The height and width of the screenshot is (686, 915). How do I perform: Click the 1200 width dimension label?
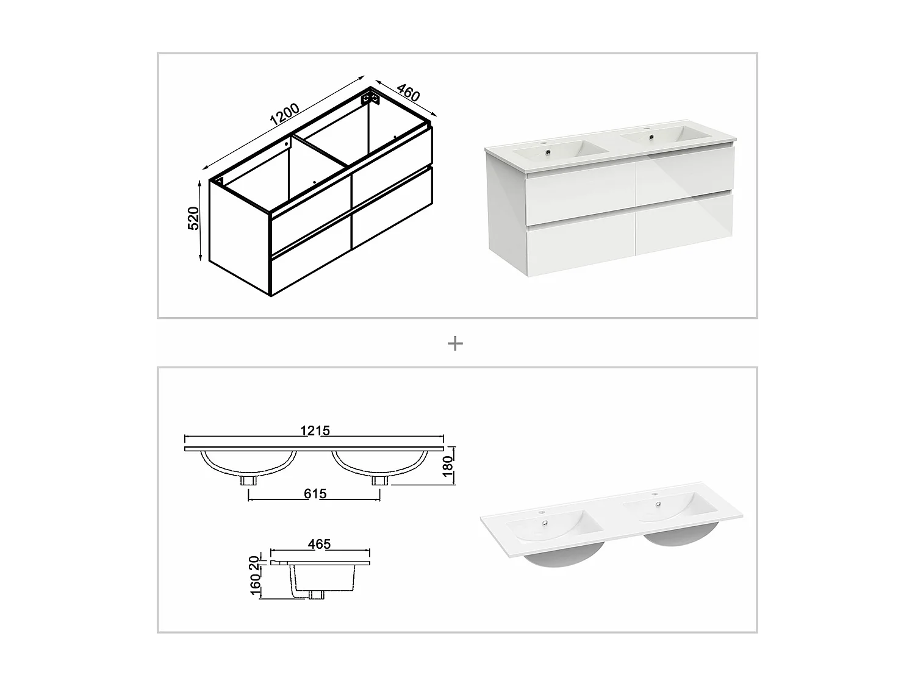click(x=284, y=115)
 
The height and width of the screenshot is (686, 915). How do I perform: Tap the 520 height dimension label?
click(x=193, y=218)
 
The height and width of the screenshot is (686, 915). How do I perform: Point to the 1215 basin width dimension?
click(x=315, y=431)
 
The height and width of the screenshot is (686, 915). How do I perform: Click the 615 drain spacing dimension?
click(x=315, y=493)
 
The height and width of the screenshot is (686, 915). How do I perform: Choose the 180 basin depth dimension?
click(x=447, y=466)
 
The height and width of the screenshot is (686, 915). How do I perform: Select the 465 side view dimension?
click(x=319, y=543)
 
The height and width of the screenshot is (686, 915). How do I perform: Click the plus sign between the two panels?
click(x=455, y=344)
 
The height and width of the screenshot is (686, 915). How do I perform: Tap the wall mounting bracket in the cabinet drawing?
click(x=368, y=98)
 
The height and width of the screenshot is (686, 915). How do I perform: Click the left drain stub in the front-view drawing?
click(x=248, y=480)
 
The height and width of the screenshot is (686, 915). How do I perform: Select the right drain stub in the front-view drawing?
click(x=379, y=480)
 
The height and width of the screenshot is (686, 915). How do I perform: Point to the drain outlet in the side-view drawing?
click(x=317, y=594)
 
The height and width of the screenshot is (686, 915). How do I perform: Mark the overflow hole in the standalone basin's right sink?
click(x=658, y=504)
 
